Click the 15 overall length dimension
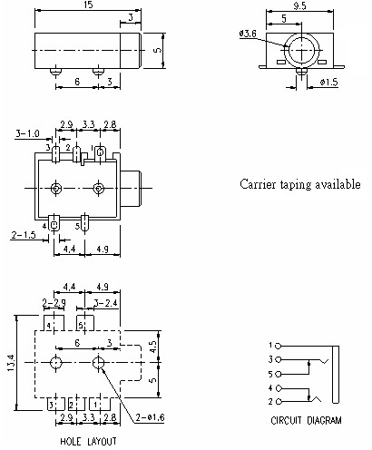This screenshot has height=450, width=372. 88,6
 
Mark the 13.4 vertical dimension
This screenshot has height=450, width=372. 10,361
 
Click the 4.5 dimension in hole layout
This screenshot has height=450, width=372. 154,345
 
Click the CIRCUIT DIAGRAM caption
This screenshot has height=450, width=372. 307,421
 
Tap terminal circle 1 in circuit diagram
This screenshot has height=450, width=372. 279,346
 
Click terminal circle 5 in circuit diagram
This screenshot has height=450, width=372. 279,374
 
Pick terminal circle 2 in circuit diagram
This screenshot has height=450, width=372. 279,401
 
